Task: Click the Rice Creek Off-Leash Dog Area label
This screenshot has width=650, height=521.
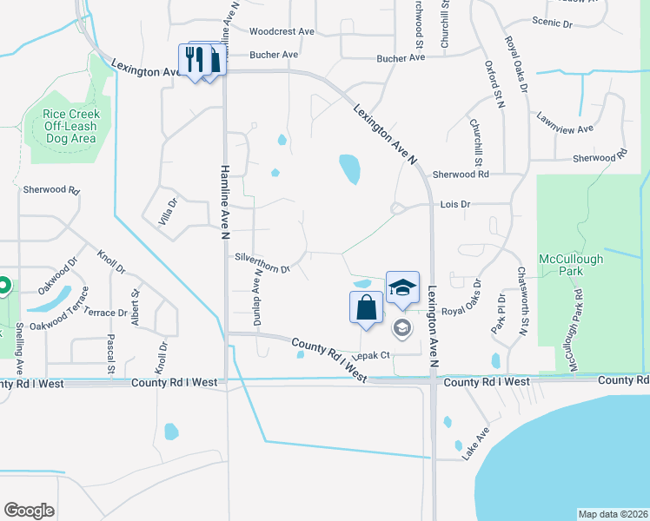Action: [71, 126]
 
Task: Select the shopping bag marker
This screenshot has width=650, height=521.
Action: [367, 307]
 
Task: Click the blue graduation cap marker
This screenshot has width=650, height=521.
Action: [402, 287]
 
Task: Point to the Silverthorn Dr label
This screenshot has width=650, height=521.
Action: [262, 262]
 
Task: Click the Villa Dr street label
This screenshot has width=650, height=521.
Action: [167, 210]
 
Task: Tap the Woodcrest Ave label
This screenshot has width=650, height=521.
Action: [282, 31]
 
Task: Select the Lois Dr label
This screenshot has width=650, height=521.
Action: [455, 204]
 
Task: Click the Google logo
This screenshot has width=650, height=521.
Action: [30, 510]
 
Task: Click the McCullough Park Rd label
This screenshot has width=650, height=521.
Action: [576, 321]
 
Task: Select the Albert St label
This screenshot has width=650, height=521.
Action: [135, 310]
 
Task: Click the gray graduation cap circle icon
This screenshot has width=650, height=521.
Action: [401, 327]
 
